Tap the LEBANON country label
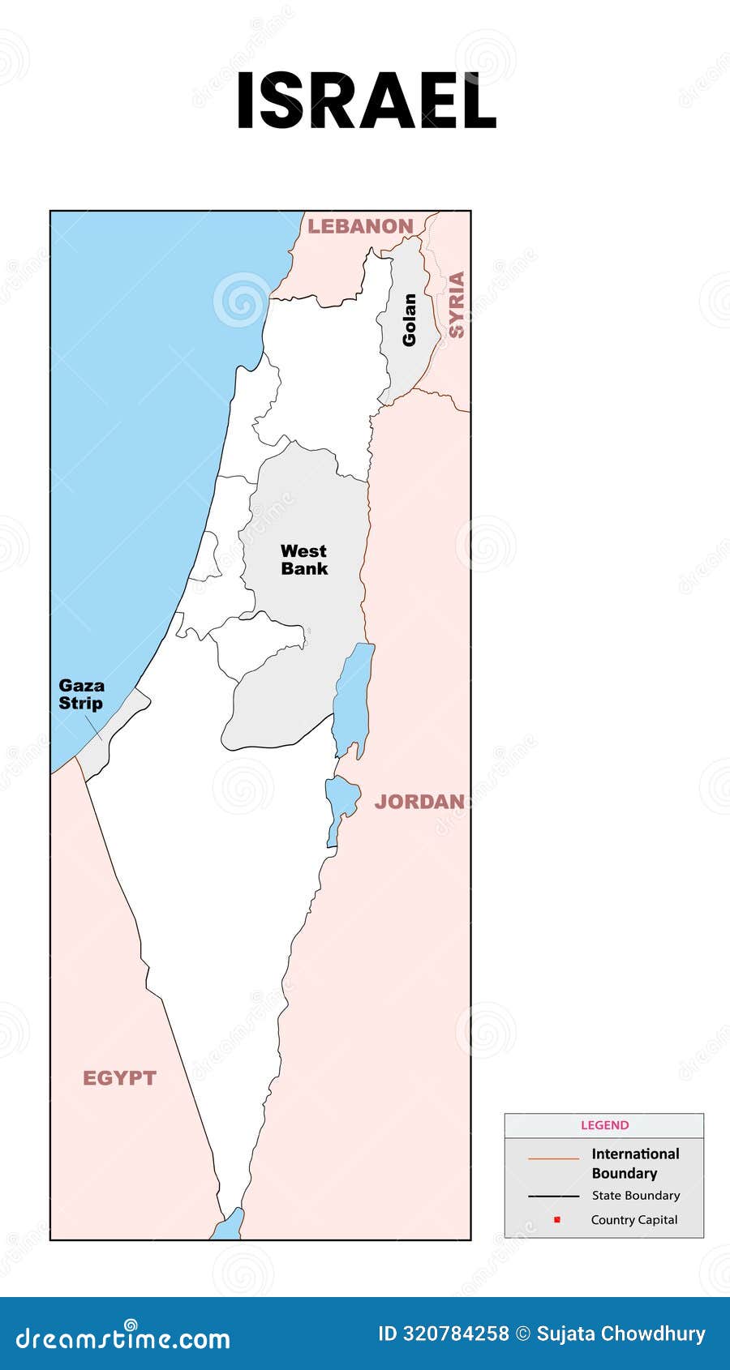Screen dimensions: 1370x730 pyautogui.click(x=360, y=226)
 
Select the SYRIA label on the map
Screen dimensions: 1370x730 pyautogui.click(x=457, y=305)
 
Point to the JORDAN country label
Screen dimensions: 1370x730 pyautogui.click(x=419, y=802)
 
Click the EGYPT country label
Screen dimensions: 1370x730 pyautogui.click(x=119, y=1078)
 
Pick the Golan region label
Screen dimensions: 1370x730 pyautogui.click(x=409, y=320)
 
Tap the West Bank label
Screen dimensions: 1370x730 pyautogui.click(x=304, y=560)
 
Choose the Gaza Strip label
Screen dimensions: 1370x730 pyautogui.click(x=81, y=695)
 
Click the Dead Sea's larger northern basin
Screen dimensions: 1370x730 pyautogui.click(x=354, y=697)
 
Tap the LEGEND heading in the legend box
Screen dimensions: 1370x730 pyautogui.click(x=604, y=1125)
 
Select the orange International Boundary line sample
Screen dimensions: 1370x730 pyautogui.click(x=553, y=1159)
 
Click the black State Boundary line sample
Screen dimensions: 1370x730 pyautogui.click(x=553, y=1196)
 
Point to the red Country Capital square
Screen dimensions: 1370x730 pyautogui.click(x=557, y=1220)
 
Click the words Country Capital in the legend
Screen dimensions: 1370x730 pyautogui.click(x=634, y=1220)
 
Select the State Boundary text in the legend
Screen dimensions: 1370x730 pyautogui.click(x=636, y=1196)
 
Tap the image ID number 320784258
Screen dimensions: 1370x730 pyautogui.click(x=456, y=1334)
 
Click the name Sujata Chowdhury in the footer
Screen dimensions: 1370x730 pyautogui.click(x=620, y=1334)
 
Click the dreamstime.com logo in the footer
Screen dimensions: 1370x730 pyautogui.click(x=123, y=1338)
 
